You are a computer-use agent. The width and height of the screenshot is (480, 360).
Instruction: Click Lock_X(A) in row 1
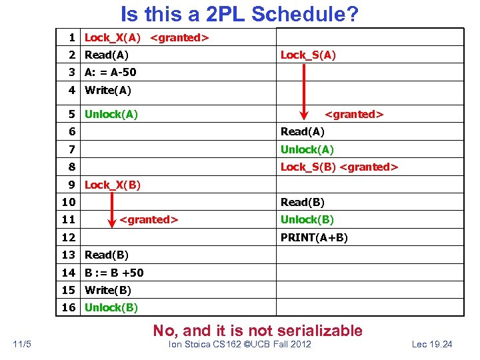(x=113, y=37)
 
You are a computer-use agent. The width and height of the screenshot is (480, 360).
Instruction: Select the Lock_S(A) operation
(x=308, y=55)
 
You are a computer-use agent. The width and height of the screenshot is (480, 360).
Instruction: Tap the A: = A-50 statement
(x=110, y=72)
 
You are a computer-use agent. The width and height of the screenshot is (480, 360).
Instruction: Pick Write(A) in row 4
(x=108, y=90)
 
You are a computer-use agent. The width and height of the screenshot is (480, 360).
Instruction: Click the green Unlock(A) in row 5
(x=111, y=114)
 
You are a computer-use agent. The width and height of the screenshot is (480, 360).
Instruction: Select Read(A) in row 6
(x=303, y=132)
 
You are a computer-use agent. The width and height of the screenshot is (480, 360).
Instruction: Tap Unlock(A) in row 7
(x=307, y=149)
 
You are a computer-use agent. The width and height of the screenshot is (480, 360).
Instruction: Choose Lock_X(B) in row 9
(x=113, y=185)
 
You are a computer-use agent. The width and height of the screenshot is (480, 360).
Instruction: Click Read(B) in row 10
(x=303, y=202)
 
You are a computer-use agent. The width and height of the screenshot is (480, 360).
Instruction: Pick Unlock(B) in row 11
(x=307, y=219)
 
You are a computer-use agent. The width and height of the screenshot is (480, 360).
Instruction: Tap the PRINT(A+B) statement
(x=314, y=237)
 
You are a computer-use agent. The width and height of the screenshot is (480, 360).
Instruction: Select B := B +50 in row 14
(x=114, y=272)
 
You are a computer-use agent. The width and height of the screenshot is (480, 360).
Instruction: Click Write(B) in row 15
(x=108, y=290)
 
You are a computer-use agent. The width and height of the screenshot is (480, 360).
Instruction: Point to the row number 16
(x=69, y=307)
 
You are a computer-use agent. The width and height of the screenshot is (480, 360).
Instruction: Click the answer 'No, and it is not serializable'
(x=258, y=331)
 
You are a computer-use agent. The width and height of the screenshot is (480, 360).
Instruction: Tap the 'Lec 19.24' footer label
(x=432, y=344)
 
